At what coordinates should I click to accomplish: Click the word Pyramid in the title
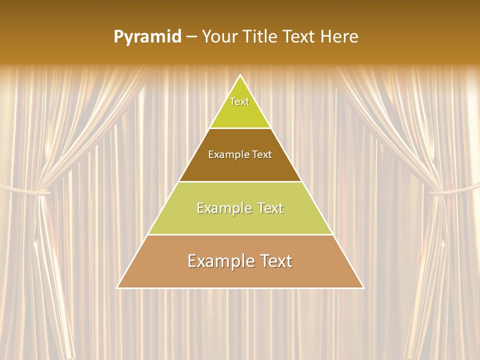pos(147,37)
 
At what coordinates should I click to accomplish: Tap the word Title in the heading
pos(260,37)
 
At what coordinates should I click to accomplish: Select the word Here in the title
pos(339,37)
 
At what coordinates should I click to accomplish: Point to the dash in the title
pos(191,37)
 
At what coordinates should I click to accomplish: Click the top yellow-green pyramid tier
pos(240,112)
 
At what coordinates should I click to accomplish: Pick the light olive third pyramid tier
pos(240,220)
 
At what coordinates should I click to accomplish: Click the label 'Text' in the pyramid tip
pos(239,101)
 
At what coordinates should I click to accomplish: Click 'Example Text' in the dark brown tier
pos(240,154)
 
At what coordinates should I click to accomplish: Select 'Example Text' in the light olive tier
pos(240,208)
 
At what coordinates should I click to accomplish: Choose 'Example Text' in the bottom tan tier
pos(240,261)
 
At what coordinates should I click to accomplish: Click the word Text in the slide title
pos(300,37)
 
